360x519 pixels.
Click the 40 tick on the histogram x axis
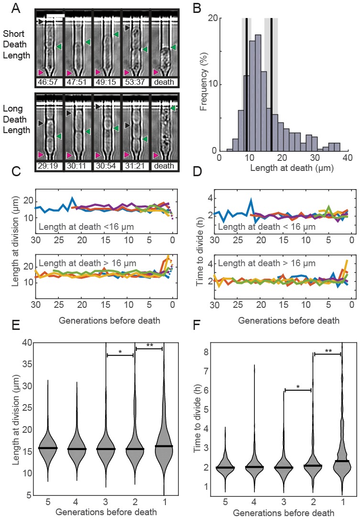pos(347,158)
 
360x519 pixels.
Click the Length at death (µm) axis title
pos(284,169)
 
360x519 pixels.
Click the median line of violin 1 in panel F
pos(341,461)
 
